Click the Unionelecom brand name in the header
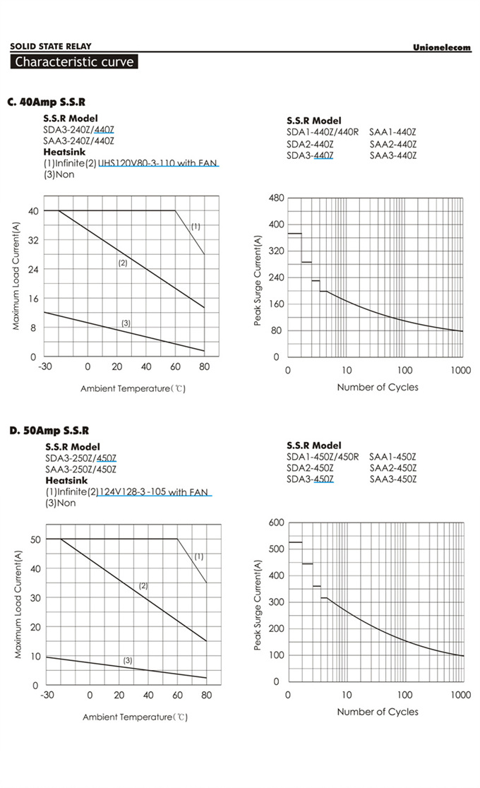pyautogui.click(x=441, y=47)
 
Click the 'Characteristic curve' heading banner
pyautogui.click(x=74, y=61)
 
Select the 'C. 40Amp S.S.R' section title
pyautogui.click(x=47, y=102)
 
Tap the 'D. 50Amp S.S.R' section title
pyautogui.click(x=49, y=431)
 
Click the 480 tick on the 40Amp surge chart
pyautogui.click(x=276, y=198)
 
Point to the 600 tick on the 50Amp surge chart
pyautogui.click(x=276, y=523)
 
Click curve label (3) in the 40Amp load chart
pyautogui.click(x=126, y=323)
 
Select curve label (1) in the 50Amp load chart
pyautogui.click(x=198, y=556)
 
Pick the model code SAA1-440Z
pyautogui.click(x=392, y=132)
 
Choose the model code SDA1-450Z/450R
pyautogui.click(x=323, y=457)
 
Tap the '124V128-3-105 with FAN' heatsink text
pyautogui.click(x=153, y=492)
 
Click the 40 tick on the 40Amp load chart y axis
pyautogui.click(x=32, y=211)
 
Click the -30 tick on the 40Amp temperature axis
pyautogui.click(x=45, y=367)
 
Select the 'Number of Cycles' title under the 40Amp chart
pyautogui.click(x=377, y=387)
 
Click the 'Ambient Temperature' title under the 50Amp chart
pyautogui.click(x=134, y=717)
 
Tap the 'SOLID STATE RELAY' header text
pyautogui.click(x=50, y=47)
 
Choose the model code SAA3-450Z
pyautogui.click(x=392, y=479)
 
